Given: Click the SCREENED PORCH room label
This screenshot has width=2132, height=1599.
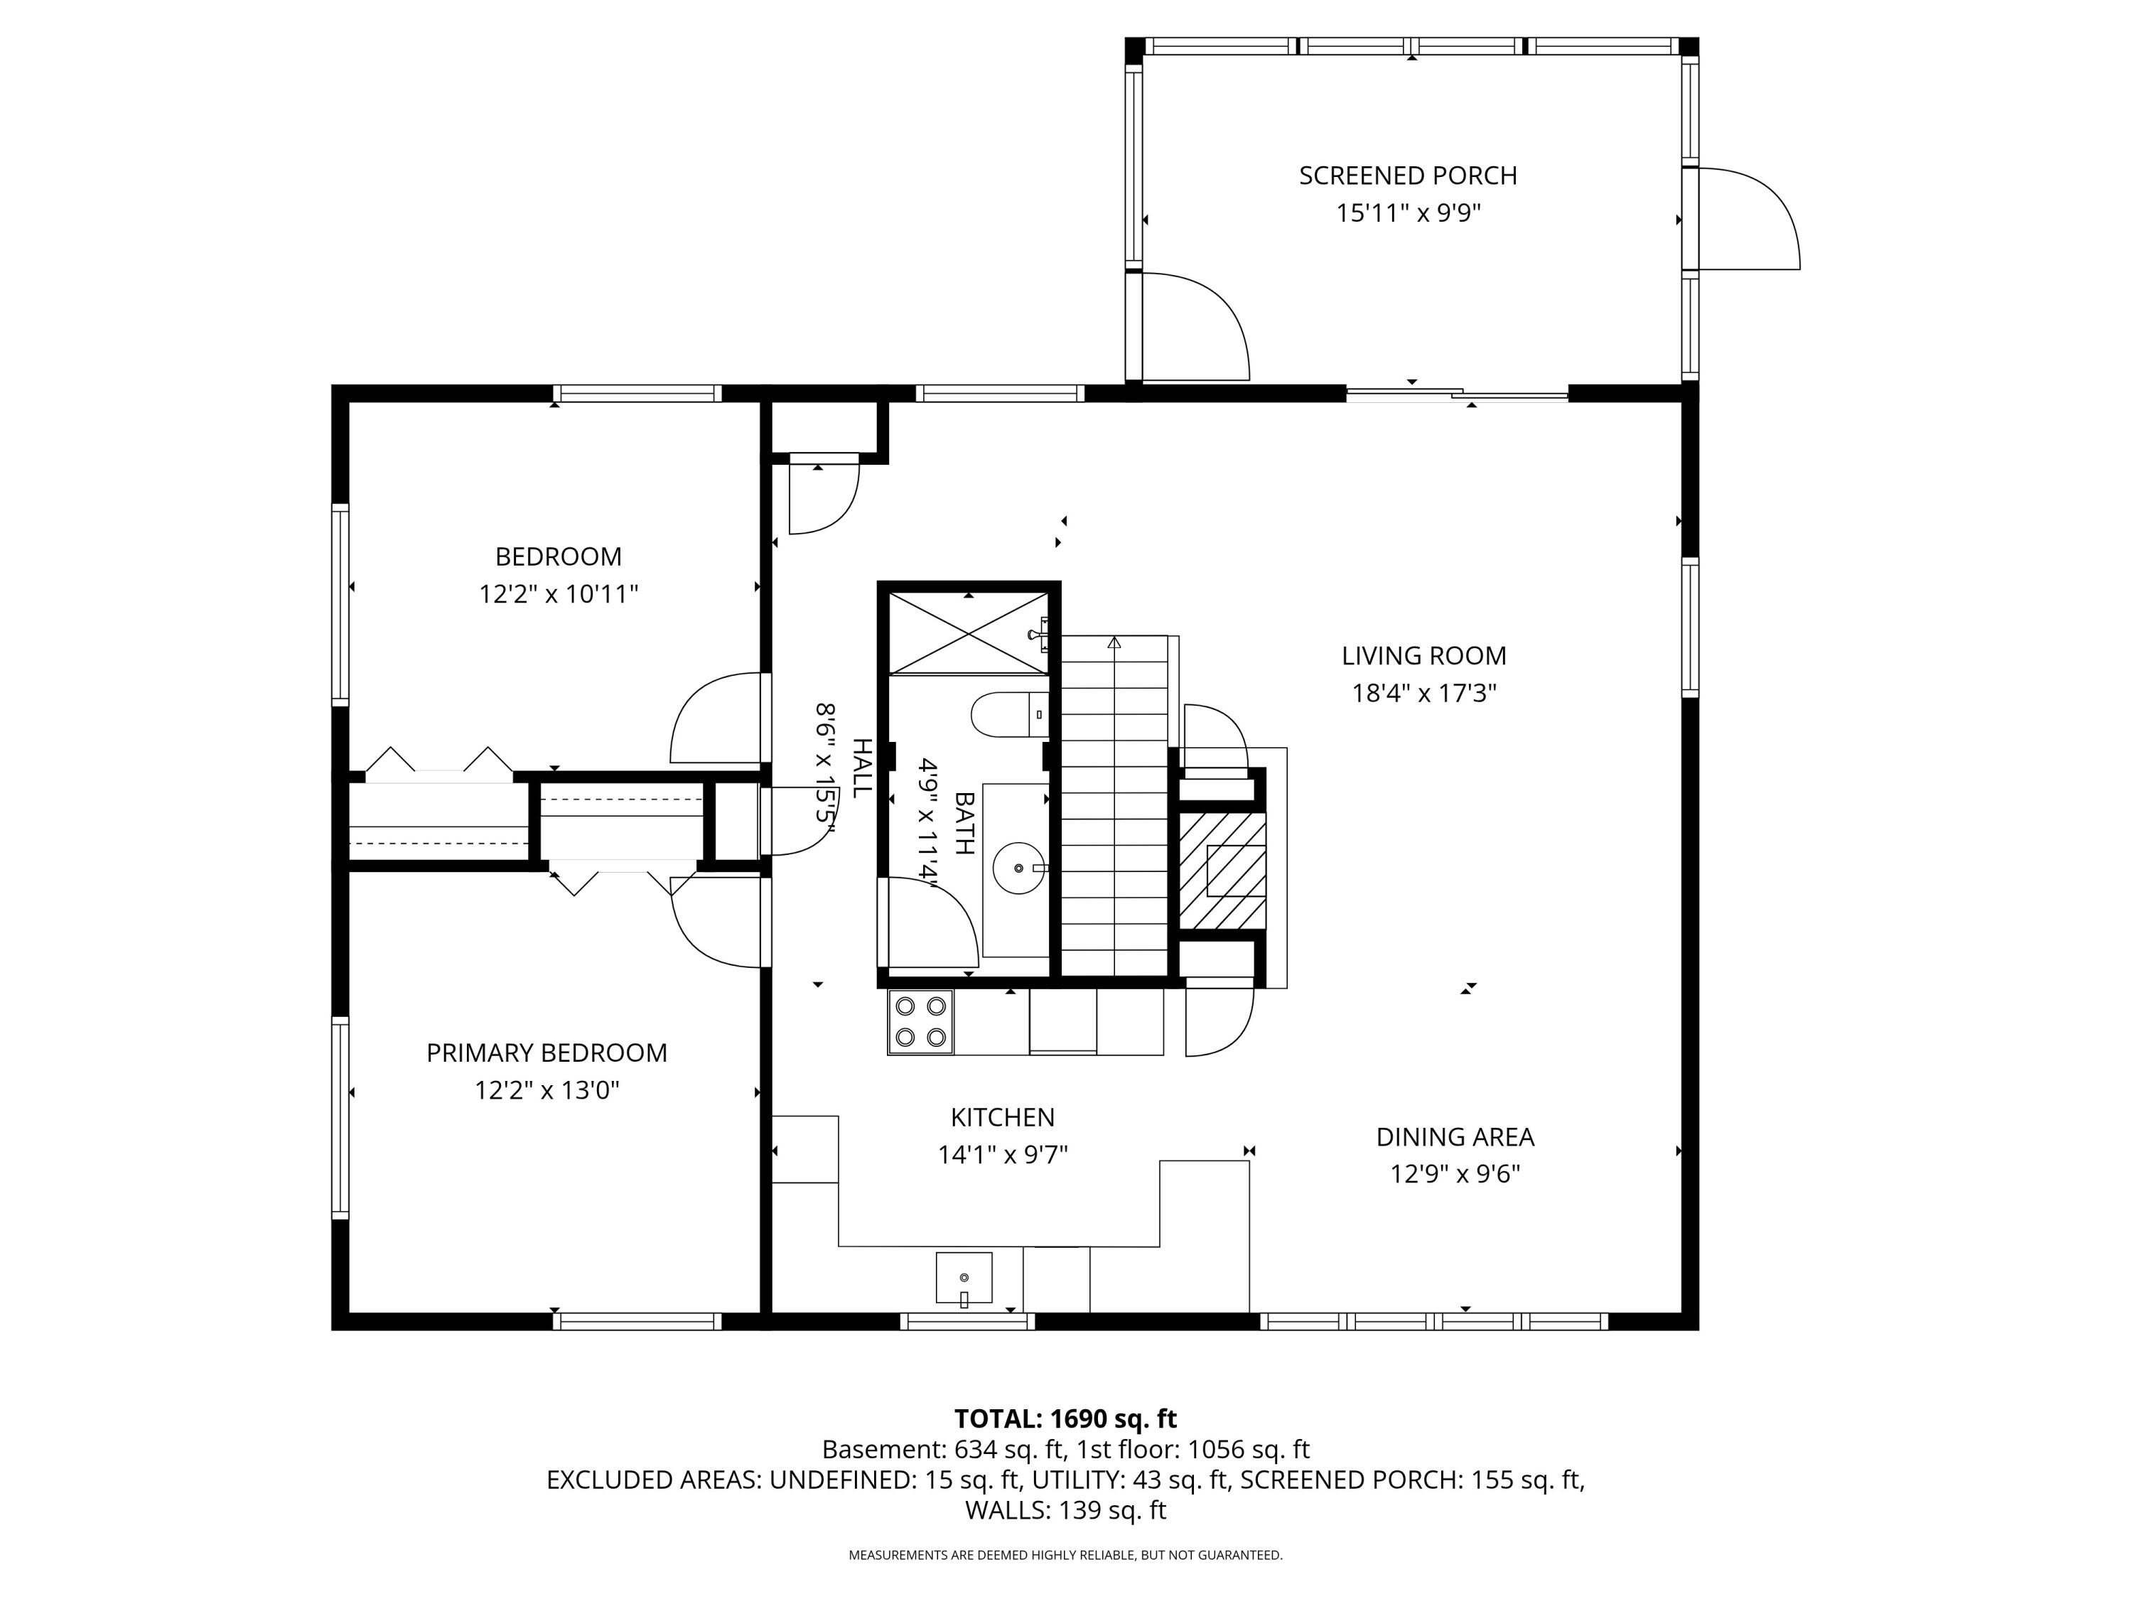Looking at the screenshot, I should tap(1407, 176).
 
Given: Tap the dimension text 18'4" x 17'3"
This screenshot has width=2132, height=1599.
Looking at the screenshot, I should tap(1423, 693).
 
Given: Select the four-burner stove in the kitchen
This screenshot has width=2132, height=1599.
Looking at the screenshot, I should tap(920, 1022).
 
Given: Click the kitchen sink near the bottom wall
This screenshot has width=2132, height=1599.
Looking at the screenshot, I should tap(964, 1277).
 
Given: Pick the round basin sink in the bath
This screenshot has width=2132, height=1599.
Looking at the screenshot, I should tap(1019, 868).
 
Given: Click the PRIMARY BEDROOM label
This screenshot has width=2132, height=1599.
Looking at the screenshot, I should tap(547, 1052).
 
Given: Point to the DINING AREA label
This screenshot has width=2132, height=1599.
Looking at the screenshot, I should tap(1455, 1136).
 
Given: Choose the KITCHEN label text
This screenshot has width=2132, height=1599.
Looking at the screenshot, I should tap(1002, 1117).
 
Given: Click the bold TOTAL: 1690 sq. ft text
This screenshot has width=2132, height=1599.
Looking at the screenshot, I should tap(1065, 1418).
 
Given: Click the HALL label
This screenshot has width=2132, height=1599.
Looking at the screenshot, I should tap(861, 768).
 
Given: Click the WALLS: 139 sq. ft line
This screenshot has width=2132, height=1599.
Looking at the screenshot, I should tap(1065, 1510).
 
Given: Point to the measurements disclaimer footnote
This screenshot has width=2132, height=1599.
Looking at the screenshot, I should tap(1065, 1555).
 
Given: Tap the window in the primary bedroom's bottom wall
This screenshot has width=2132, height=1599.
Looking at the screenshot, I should tap(637, 1320).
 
